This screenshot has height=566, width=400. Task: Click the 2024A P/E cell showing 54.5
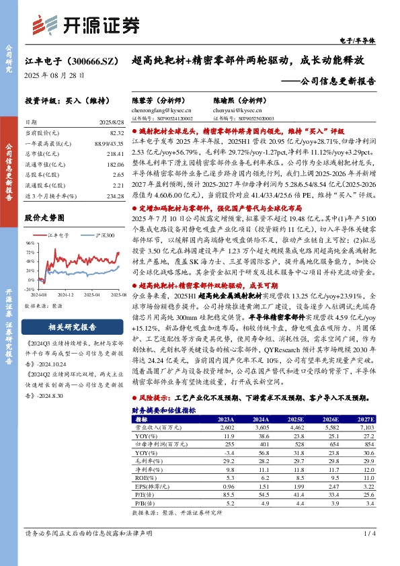(x=259, y=493)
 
